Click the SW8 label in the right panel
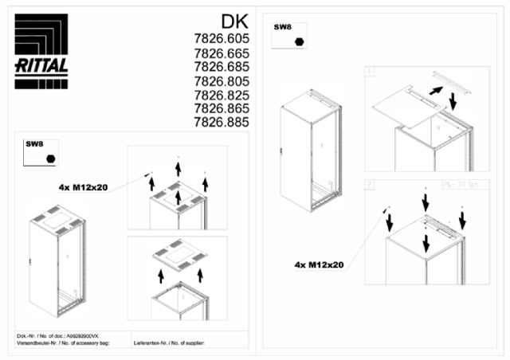point(283,27)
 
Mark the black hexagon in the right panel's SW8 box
point(300,41)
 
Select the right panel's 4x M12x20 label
point(319,264)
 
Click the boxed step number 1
point(370,72)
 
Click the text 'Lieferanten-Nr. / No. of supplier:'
point(170,342)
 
